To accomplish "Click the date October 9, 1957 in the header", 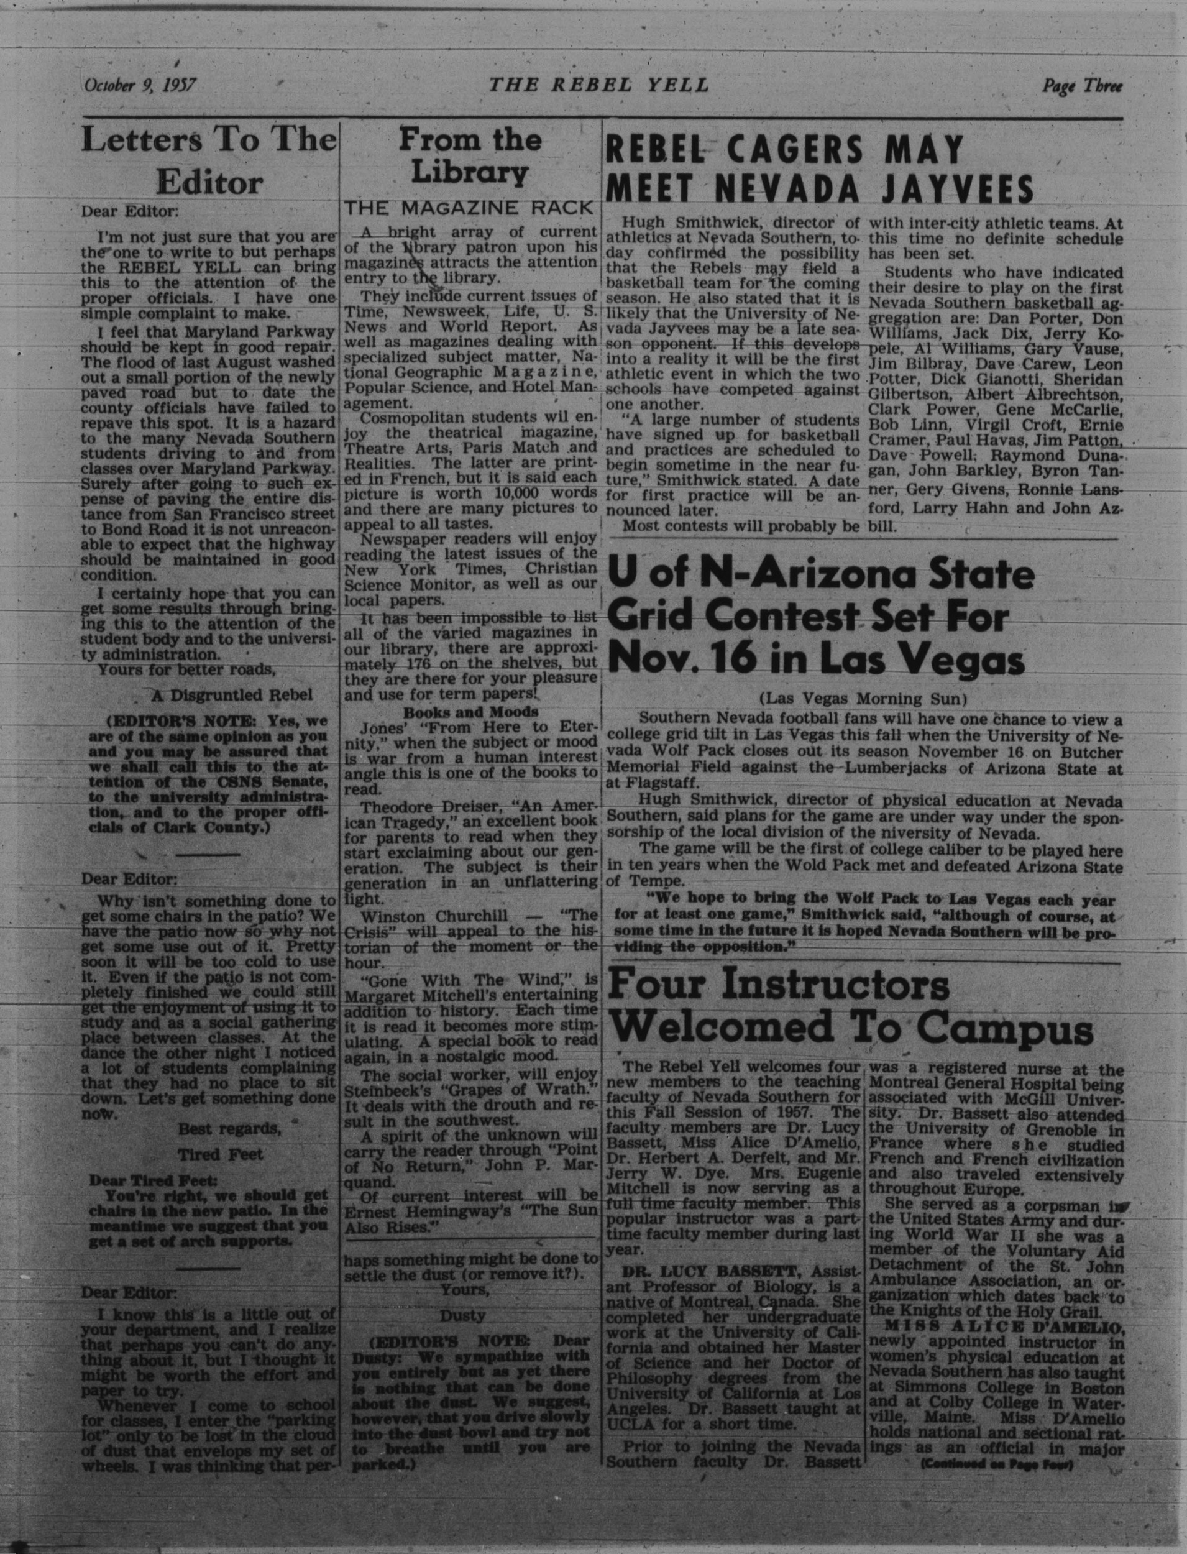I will coord(140,86).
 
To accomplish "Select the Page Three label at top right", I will coord(1082,86).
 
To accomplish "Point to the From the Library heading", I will coord(470,155).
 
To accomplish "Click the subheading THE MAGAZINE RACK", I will coord(469,208).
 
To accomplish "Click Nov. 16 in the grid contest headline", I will coord(671,661).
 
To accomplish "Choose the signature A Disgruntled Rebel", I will coord(231,695).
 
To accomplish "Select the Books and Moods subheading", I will coord(470,711).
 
